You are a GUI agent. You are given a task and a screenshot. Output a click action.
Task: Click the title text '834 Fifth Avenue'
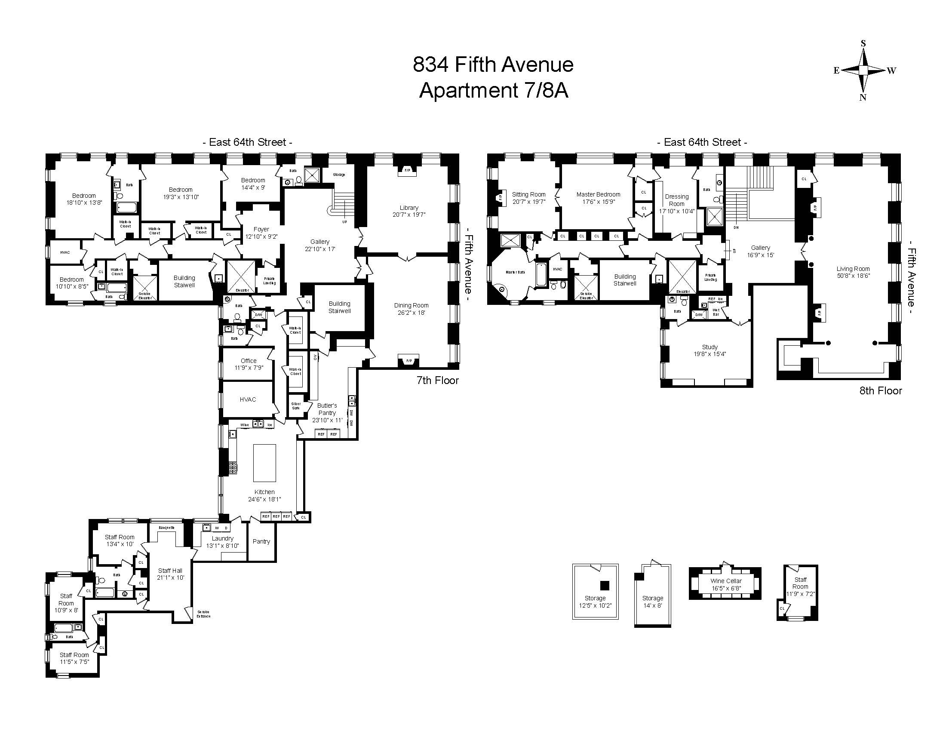493,65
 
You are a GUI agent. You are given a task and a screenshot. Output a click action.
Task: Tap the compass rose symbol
863,70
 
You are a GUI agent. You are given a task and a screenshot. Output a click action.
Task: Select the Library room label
408,208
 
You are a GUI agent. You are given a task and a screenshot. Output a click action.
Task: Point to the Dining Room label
411,305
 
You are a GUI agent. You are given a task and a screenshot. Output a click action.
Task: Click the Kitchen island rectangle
264,463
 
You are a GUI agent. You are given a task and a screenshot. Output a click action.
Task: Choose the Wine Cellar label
726,581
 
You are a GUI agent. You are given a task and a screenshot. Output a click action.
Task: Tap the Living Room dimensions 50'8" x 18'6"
853,276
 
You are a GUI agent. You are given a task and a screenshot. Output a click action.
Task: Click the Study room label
709,347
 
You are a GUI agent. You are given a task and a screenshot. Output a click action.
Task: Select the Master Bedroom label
598,194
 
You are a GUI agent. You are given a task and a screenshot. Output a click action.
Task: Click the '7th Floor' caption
437,380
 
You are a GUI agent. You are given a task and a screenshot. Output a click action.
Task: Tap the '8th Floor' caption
881,390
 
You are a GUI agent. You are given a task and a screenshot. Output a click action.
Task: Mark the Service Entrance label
203,614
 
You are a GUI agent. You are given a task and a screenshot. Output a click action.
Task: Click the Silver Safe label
296,405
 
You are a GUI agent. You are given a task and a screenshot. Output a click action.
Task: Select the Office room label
249,361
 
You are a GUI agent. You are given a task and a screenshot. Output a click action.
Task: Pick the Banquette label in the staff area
167,528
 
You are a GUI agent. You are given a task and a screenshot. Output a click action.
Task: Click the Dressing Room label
676,200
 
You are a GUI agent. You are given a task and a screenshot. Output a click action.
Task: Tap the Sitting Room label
528,194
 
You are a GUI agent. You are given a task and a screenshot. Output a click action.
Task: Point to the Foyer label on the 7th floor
261,229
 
